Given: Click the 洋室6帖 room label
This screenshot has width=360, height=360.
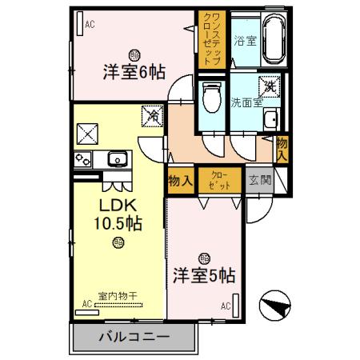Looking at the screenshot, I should tap(134, 72).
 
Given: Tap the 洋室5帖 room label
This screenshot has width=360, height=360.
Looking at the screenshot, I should tap(204, 275).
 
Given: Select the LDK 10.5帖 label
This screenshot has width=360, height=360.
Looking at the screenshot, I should tap(119, 214).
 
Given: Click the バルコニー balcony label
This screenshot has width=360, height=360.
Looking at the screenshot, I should tap(134, 337).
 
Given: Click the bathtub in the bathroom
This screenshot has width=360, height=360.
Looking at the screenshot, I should tap(273, 39).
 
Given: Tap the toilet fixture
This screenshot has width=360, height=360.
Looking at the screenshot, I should tap(212, 98).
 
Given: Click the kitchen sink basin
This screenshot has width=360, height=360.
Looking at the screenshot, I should tap(117, 158).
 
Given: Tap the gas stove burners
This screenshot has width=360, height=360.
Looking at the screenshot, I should tap(83, 159).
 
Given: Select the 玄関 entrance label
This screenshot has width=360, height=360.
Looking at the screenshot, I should tap(259, 180).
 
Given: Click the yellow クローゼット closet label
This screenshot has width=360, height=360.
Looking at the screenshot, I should tap(219, 180).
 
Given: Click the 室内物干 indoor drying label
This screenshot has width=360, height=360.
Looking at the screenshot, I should tap(118, 296).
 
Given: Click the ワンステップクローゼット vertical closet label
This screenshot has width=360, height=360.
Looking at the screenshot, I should tap(212, 38).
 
